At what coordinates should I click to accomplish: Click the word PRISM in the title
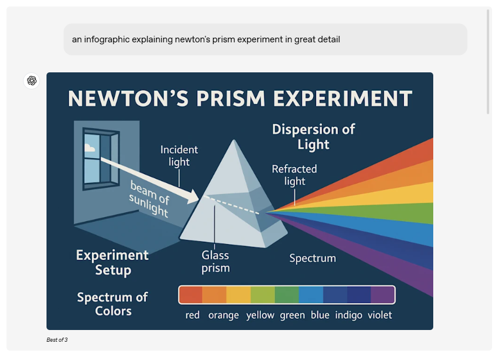pos(231,98)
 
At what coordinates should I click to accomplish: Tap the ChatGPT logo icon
pos(32,81)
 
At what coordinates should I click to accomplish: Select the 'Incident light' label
pos(179,156)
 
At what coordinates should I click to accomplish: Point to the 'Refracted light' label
pos(294,175)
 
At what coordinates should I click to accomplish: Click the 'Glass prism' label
pos(215,262)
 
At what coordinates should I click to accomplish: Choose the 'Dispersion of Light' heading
pos(314,137)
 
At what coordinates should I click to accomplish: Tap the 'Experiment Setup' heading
pos(112,262)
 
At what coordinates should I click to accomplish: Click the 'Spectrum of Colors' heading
pos(113,304)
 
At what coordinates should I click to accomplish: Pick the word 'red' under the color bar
pos(192,315)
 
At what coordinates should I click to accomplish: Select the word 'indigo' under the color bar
pos(348,315)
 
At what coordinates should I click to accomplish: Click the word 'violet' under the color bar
pos(380,315)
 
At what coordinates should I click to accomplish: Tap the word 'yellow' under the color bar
pos(260,315)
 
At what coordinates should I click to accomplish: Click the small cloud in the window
pos(89,148)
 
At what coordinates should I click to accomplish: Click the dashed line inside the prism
pos(232,205)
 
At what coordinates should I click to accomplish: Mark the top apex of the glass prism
pos(234,141)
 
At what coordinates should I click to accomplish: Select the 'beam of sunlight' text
pos(149,199)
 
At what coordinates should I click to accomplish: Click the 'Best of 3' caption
pos(57,340)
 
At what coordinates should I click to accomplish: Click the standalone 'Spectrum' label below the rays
pos(313,258)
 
